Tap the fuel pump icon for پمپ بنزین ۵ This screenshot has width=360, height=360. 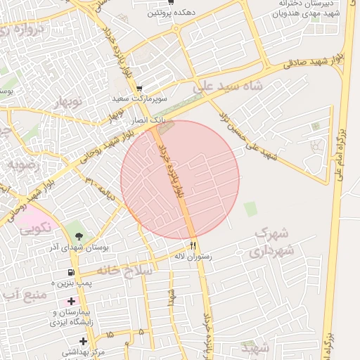coord(71,272)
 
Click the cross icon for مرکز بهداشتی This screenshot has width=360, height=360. coord(83,341)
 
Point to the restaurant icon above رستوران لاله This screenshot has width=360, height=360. coord(193,245)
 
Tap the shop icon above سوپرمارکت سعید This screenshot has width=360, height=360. coord(139,89)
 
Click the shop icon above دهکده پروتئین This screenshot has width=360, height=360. coord(170,3)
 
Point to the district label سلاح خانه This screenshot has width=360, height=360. coord(117,270)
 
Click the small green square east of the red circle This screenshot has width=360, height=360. coord(250,209)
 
